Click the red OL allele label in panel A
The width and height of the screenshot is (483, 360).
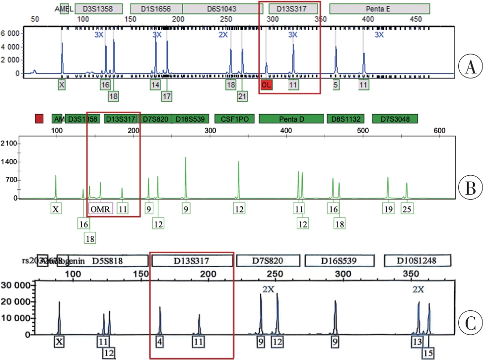(x=267, y=85)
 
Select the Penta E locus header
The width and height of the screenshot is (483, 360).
(x=379, y=9)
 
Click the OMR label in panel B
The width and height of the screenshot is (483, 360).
(x=101, y=209)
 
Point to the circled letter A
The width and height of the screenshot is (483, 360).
(x=468, y=67)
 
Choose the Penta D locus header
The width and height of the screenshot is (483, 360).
(x=290, y=119)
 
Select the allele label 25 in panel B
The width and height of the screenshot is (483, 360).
(x=407, y=209)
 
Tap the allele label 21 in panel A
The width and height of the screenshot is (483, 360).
(x=242, y=95)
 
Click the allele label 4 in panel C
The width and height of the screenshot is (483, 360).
(x=160, y=342)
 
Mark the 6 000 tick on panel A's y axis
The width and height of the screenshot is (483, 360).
(x=10, y=33)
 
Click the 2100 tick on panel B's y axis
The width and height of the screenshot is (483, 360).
(x=10, y=144)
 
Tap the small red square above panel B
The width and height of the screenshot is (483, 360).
(x=39, y=119)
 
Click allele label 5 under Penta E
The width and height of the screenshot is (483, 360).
(x=336, y=85)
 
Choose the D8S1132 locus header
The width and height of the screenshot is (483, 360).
(x=345, y=119)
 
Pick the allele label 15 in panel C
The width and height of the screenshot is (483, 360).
(x=428, y=353)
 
